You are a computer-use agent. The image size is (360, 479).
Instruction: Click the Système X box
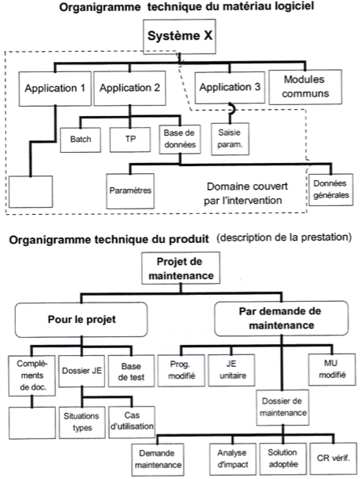180,37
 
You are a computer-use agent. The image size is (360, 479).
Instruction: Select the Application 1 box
55,89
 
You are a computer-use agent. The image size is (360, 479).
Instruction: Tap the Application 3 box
230,87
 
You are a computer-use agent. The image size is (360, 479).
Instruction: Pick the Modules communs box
305,87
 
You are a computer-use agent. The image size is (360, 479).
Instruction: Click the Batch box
81,140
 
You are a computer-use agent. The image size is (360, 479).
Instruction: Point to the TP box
130,140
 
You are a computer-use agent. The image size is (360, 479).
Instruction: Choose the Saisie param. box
230,139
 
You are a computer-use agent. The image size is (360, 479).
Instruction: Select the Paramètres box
130,191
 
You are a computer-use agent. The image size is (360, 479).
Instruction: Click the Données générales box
331,190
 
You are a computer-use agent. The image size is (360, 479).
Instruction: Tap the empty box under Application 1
31,191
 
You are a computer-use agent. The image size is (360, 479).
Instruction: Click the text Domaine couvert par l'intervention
245,194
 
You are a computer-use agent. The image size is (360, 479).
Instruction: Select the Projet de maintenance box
180,268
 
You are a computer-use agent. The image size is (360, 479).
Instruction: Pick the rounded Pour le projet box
82,320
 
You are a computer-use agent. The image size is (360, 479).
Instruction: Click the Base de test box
132,371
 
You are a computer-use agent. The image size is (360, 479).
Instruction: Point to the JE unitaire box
231,370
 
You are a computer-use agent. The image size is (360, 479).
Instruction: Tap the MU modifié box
333,369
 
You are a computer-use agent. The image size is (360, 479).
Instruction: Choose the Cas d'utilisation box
132,423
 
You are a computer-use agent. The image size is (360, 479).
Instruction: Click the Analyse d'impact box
233,459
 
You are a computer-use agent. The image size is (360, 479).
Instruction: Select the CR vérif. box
333,458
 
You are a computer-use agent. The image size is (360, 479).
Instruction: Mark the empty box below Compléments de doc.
32,423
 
